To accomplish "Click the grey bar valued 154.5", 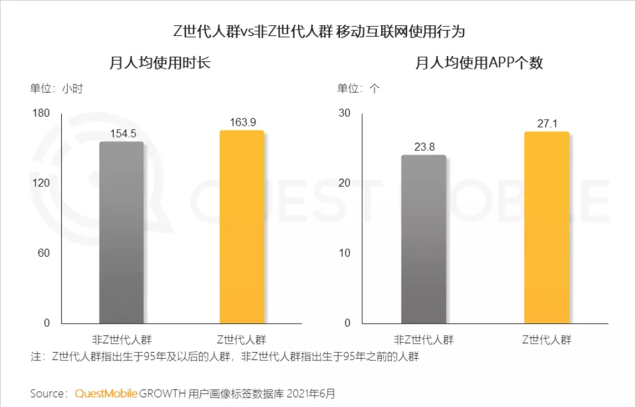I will (x=121, y=232).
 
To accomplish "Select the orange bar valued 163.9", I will (x=242, y=227).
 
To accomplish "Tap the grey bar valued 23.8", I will (x=424, y=239).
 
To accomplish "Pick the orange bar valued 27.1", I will (x=547, y=228).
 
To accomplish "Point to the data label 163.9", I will (x=242, y=122).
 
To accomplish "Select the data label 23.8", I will (x=424, y=147).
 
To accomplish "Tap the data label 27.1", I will (x=547, y=123).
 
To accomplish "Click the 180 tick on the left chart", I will (x=42, y=113).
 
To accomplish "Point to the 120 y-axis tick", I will (x=42, y=183).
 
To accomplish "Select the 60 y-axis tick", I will (x=45, y=254).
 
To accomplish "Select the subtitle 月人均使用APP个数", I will (x=479, y=63).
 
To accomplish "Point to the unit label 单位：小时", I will (x=57, y=89).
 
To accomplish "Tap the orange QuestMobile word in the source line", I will (x=106, y=393).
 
